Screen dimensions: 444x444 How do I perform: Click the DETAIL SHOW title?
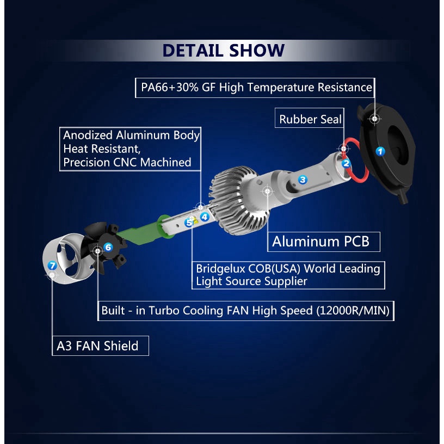point(224,51)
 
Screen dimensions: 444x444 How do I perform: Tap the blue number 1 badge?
point(380,151)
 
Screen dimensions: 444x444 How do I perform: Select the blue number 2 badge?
point(346,163)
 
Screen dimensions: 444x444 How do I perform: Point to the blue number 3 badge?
point(303,179)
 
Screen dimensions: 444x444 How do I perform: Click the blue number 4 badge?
point(205,217)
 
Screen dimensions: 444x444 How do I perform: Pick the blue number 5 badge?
point(189,223)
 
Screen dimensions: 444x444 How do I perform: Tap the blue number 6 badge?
point(108,247)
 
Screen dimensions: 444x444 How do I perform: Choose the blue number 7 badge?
point(52,266)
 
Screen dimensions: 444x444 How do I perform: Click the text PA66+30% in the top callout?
point(170,88)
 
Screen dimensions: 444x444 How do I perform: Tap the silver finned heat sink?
point(239,200)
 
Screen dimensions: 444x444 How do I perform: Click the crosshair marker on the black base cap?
point(374,119)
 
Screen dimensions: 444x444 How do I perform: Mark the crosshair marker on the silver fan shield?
point(52,275)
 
